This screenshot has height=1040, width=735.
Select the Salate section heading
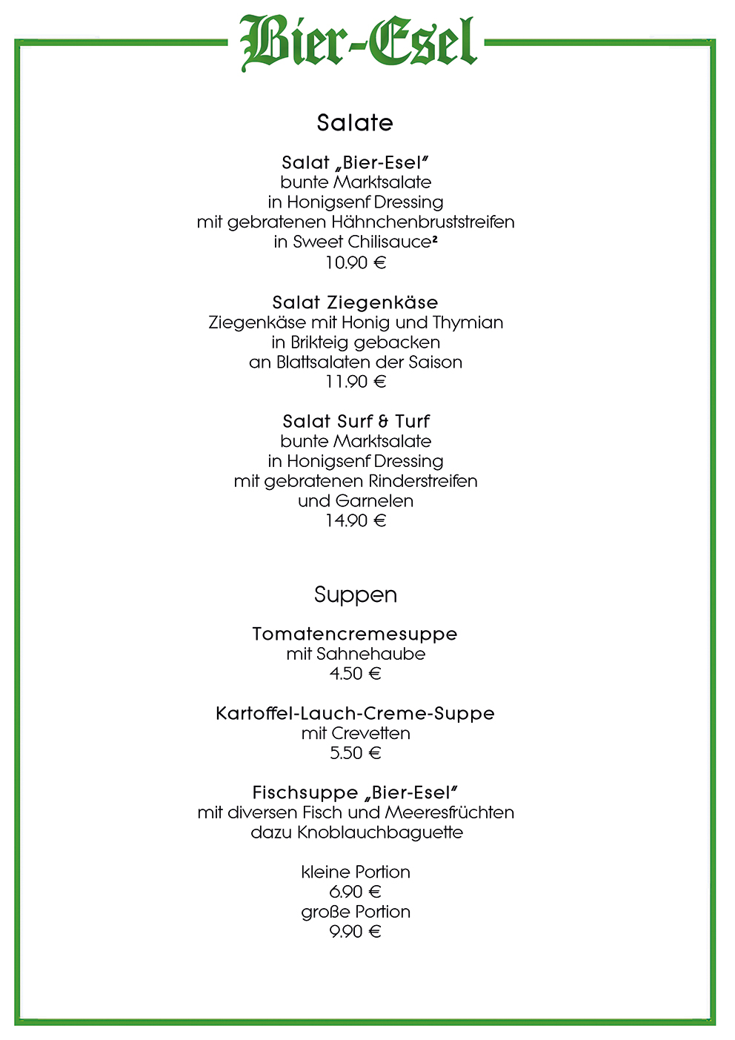point(355,123)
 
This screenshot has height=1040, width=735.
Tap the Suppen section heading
point(356,595)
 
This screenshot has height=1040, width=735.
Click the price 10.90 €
point(356,262)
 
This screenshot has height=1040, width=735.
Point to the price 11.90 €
point(356,382)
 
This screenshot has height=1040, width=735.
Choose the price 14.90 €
point(356,520)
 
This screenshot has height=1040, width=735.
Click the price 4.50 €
point(356,674)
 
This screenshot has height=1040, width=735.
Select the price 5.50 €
point(356,753)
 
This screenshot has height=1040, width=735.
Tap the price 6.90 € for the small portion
point(356,892)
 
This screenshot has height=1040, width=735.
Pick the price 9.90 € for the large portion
point(356,932)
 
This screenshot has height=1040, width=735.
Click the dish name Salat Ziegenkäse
point(355,302)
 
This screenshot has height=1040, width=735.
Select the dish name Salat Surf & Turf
point(356,422)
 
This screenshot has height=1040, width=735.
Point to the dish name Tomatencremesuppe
point(355,635)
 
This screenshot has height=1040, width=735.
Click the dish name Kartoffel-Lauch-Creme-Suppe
point(355,714)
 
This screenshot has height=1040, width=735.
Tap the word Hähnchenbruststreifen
point(423,222)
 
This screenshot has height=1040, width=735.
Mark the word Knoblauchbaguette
point(380,832)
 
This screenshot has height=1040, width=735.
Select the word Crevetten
point(371,734)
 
